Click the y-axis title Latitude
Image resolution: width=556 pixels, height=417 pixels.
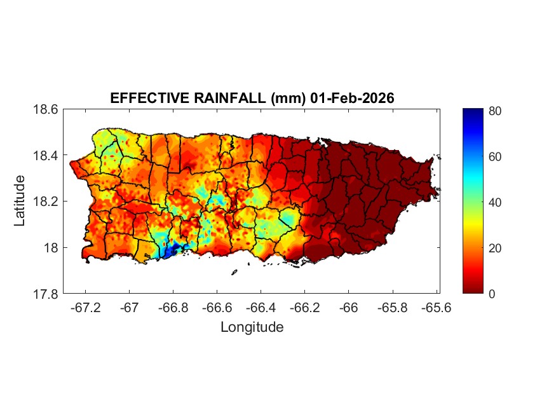(20, 201)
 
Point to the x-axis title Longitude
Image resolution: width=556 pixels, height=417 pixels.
(252, 327)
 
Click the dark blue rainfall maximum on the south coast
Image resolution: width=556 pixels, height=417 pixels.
(170, 250)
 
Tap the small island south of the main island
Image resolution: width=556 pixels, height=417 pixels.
(234, 272)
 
